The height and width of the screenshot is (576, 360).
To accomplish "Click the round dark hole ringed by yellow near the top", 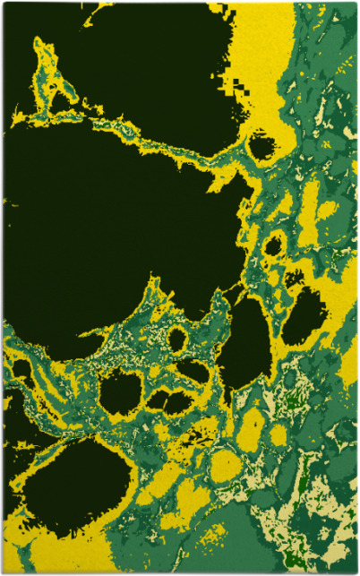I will coord(261,146).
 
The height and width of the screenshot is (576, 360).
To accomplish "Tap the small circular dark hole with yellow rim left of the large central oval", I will coord(177,340).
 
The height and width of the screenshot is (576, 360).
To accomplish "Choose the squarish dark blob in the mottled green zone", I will coord(121,392).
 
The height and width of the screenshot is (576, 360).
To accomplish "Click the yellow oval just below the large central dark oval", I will coord(250,428).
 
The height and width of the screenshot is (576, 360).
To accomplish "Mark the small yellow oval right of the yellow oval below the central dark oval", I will coord(277,434).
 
